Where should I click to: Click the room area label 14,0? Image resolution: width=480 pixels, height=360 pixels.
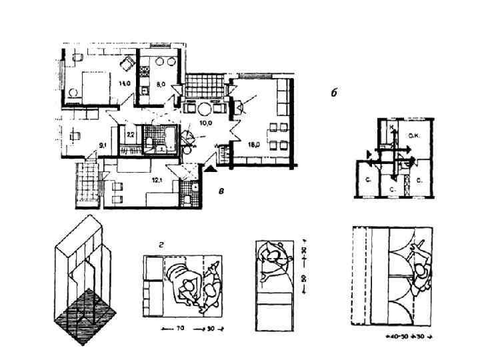click(124, 83)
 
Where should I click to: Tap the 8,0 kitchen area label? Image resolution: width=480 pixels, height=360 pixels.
click(161, 85)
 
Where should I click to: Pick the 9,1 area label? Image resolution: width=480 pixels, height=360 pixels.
click(102, 143)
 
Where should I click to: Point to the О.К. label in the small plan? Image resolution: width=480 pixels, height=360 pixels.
click(413, 137)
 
